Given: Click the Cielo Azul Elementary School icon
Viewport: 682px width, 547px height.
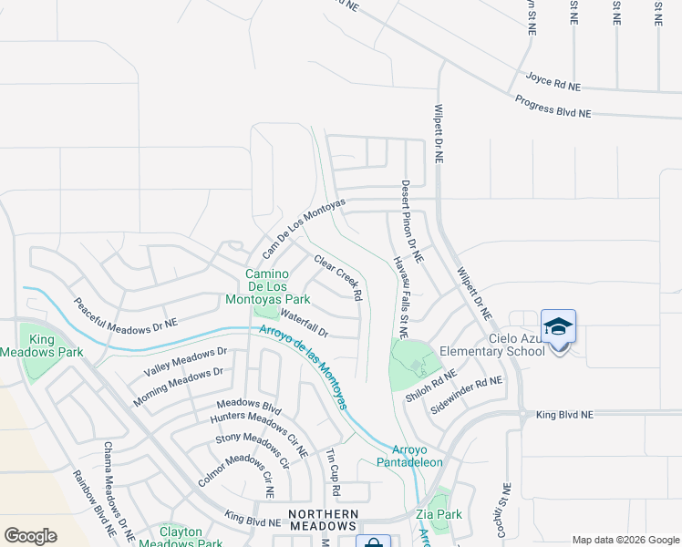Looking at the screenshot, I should [558, 326].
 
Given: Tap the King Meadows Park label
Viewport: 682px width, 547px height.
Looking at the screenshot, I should [55, 346].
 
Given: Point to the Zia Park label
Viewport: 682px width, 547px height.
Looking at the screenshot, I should [439, 514].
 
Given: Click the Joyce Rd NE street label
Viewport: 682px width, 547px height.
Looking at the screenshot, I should [553, 82].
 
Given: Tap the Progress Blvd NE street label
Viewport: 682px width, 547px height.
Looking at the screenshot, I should [553, 107].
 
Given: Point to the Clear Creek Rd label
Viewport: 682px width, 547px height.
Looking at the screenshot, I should [338, 277].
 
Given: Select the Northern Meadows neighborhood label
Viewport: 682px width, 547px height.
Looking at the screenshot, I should [322, 520].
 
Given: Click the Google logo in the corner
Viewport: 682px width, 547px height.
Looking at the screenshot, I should [30, 536].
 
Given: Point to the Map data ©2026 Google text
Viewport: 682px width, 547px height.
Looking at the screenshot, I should [626, 540].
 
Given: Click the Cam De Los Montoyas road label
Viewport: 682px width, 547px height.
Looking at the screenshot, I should [304, 227].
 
